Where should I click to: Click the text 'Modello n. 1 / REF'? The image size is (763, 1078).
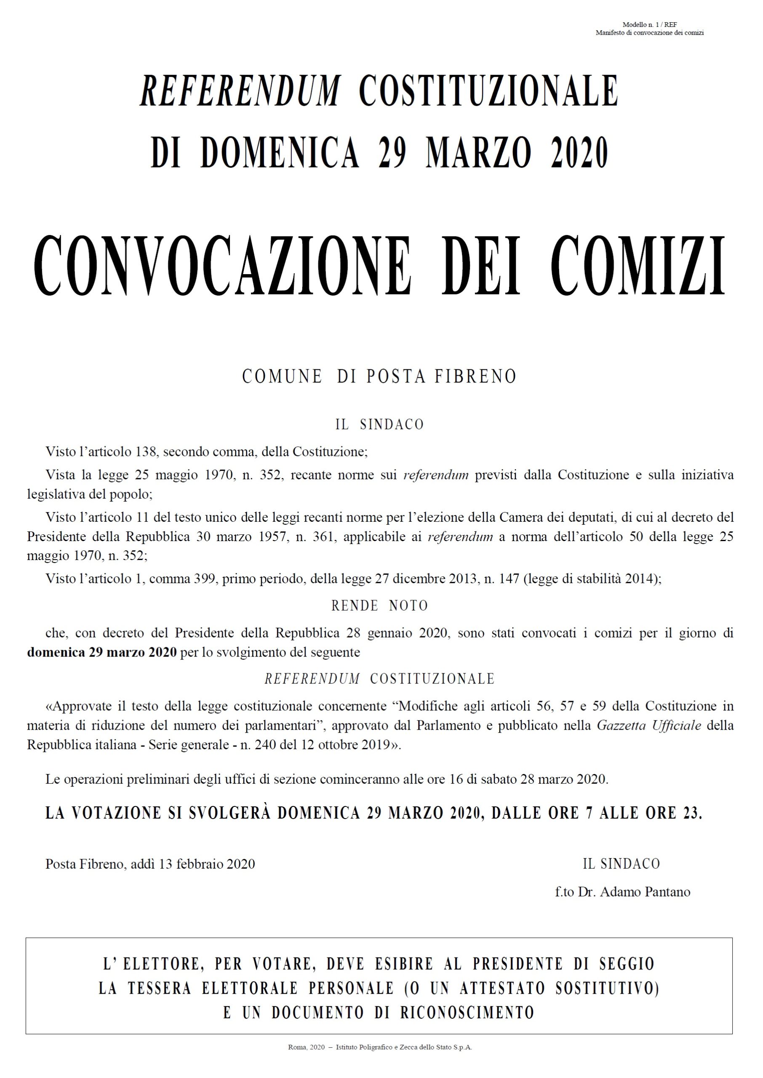tap(649, 24)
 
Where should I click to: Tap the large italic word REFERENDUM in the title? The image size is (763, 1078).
tap(240, 90)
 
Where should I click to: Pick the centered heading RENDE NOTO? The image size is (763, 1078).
tap(380, 606)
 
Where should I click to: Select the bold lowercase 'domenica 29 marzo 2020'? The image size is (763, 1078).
tap(102, 653)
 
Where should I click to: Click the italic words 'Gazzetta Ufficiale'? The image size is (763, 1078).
tap(649, 725)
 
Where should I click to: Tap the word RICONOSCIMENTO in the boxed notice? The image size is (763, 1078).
tap(467, 1012)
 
